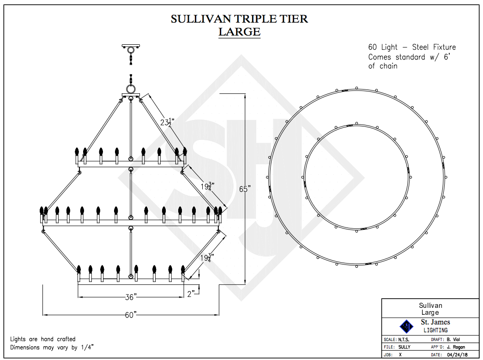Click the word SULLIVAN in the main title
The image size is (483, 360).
coord(199,19)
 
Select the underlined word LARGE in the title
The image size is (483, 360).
coord(239,32)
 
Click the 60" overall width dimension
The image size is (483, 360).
coord(131,315)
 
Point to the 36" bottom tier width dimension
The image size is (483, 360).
coord(133,297)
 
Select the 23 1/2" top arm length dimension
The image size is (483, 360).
coord(166,122)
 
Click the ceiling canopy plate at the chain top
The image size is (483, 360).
coord(131,46)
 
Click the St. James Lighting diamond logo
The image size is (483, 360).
coord(406,326)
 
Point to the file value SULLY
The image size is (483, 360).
coord(405,347)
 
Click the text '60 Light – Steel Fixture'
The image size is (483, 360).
coord(412,47)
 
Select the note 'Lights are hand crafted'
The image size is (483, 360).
coord(43,339)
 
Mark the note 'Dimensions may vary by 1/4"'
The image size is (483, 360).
coord(55,347)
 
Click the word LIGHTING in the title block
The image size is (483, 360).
coord(435,330)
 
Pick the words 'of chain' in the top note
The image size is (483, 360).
coord(383,66)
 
